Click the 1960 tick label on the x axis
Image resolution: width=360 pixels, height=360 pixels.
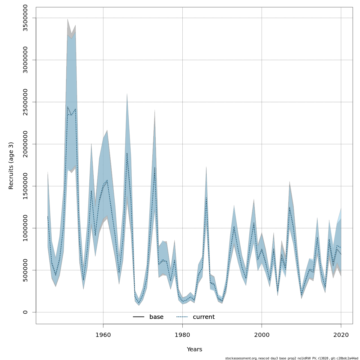tap(103, 335)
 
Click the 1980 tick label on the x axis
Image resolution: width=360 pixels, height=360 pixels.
tap(182, 335)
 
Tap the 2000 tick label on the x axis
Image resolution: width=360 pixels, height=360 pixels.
tap(262, 335)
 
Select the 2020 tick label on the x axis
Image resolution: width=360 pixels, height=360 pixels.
tap(341, 335)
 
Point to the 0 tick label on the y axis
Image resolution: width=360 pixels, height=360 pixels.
tap(25, 312)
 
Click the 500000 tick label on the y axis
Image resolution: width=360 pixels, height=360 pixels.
tap(25, 270)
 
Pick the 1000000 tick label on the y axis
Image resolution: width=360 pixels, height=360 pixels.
tap(25, 228)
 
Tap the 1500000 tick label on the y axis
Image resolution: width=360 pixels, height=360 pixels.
tap(25, 186)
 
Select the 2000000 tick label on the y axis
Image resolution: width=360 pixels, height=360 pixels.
tap(25, 144)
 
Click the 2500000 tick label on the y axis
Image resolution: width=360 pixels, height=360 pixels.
tap(25, 102)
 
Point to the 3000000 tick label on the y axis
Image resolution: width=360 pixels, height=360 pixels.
tap(25, 60)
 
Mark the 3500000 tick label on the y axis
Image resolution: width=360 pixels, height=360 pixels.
tap(25, 18)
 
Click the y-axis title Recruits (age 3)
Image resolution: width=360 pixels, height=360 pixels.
tap(11, 166)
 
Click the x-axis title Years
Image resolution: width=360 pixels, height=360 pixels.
tap(194, 349)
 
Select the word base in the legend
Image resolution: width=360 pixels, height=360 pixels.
tap(156, 317)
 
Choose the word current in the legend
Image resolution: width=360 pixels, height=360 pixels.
tap(204, 317)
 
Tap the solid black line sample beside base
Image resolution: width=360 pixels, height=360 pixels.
tap(139, 317)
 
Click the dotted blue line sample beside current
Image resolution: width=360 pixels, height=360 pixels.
tap(182, 317)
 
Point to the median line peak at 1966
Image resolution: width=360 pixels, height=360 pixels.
tap(127, 153)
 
